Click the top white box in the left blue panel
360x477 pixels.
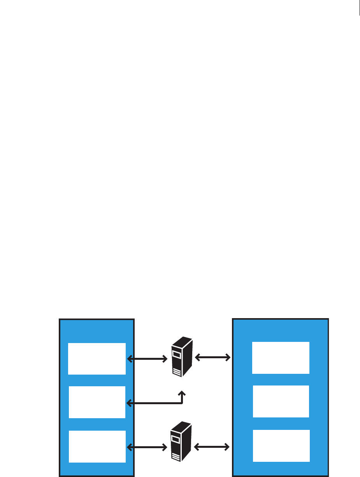[97, 359]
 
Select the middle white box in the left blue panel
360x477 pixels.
[97, 402]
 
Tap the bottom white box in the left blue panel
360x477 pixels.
[97, 446]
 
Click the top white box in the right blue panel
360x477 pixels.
[281, 358]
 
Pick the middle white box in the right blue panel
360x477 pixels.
[281, 401]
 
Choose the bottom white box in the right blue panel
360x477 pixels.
[281, 445]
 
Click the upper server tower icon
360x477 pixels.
[182, 356]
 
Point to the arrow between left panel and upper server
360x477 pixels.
[147, 359]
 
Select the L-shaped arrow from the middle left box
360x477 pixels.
[156, 403]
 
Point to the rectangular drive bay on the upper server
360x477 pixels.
[177, 355]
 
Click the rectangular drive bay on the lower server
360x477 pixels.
[176, 440]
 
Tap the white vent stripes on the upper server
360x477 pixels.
[177, 373]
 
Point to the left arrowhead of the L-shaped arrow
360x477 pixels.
[130, 403]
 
